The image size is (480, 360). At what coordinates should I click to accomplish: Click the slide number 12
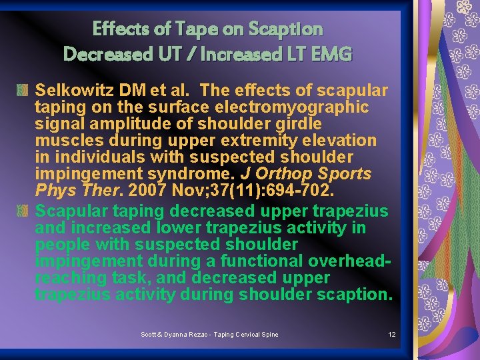[x=392, y=334]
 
